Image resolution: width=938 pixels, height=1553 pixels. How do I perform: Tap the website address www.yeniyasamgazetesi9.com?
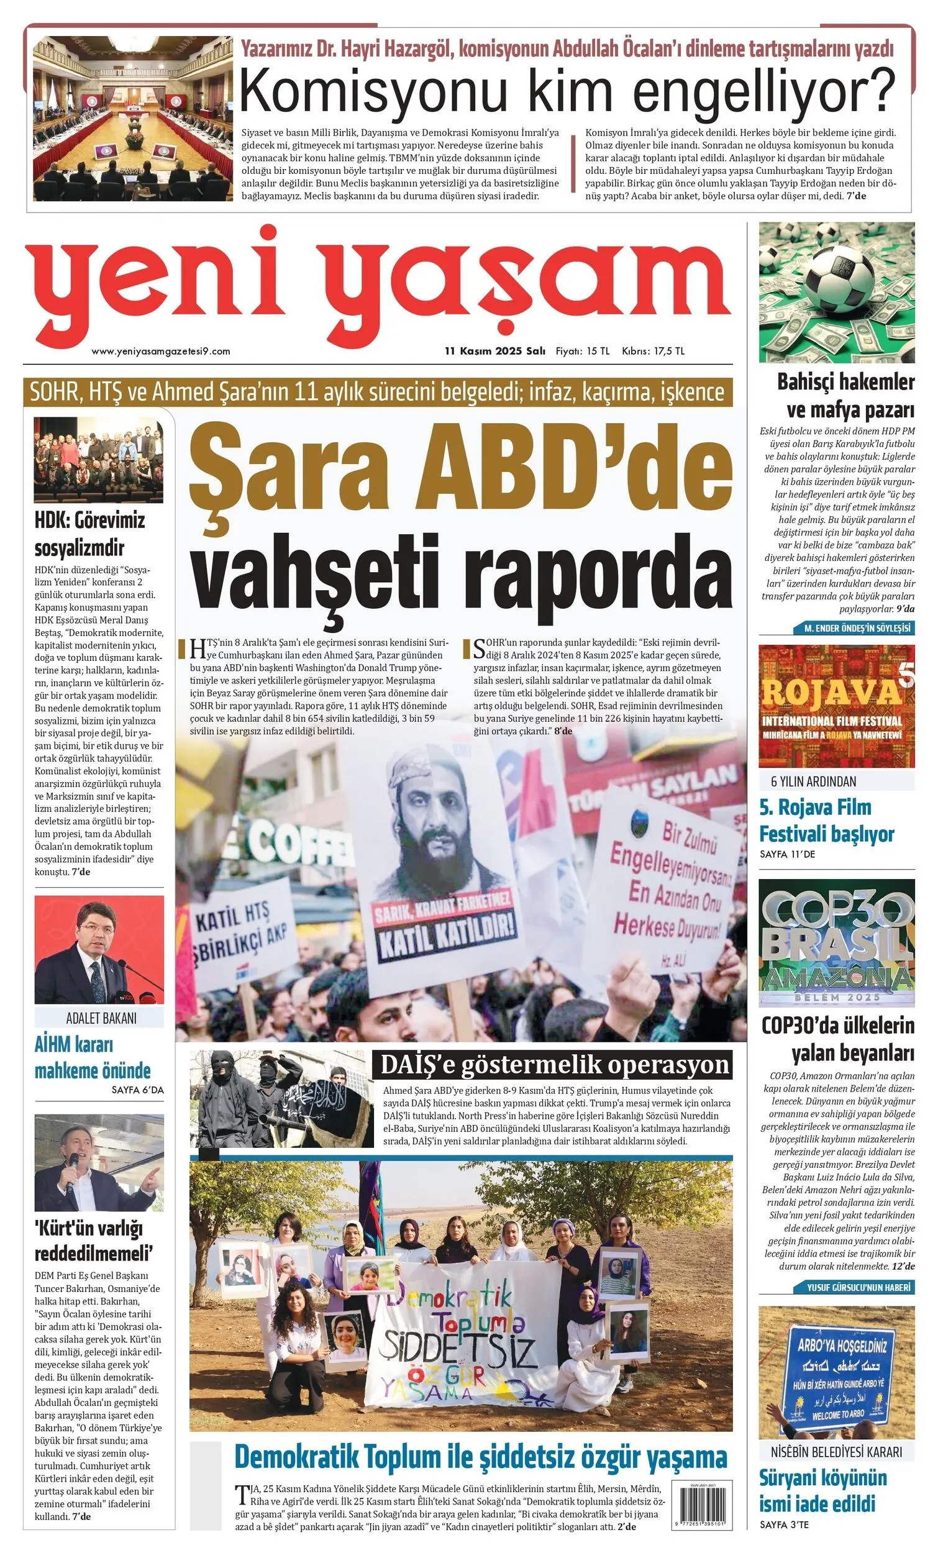pos(161,351)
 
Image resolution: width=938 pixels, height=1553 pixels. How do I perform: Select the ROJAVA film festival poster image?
pos(837,706)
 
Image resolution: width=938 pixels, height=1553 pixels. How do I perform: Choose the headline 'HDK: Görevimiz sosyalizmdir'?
pos(89,534)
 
